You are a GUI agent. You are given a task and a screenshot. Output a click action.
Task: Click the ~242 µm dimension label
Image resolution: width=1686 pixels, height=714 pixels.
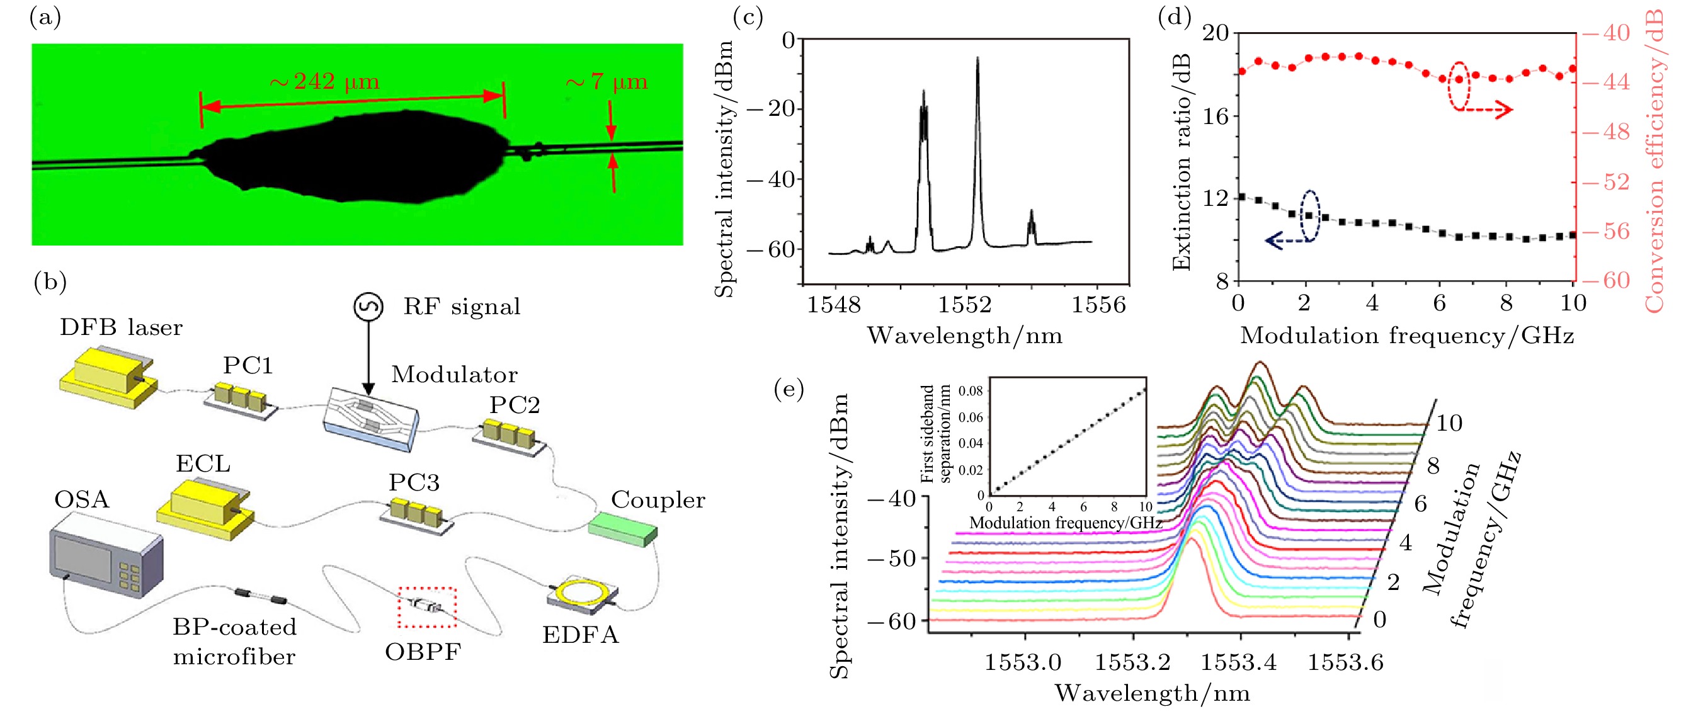[x=324, y=82]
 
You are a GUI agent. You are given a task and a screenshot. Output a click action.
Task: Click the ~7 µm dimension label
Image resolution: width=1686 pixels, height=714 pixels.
[x=607, y=82]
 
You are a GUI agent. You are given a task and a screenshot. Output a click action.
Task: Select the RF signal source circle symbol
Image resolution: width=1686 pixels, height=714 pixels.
[x=368, y=306]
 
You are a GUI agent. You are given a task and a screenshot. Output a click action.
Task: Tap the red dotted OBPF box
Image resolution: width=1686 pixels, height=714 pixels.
[x=427, y=608]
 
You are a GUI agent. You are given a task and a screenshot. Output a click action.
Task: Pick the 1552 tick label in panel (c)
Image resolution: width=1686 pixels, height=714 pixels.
[x=965, y=305]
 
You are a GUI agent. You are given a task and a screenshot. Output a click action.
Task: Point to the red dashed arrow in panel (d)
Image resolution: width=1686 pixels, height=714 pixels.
[x=1487, y=110]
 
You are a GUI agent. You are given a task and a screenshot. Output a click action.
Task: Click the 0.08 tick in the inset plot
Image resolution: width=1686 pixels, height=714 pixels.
[x=971, y=392]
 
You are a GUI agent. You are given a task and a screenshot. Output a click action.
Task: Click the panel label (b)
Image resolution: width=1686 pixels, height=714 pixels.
[x=50, y=282]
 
